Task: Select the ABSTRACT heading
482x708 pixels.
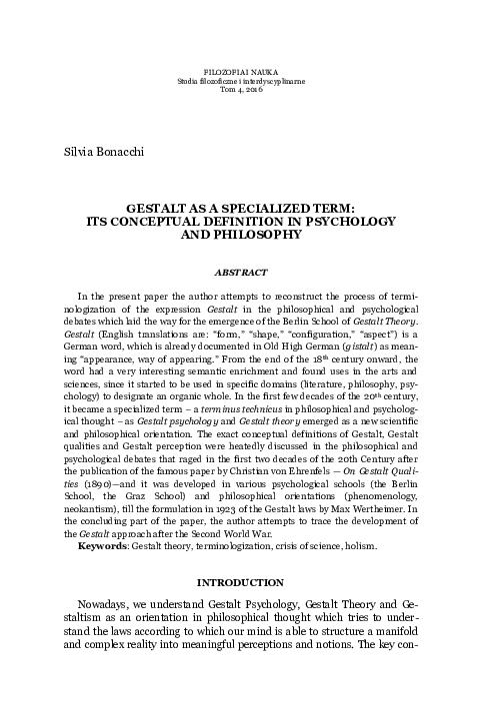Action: [x=240, y=272]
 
